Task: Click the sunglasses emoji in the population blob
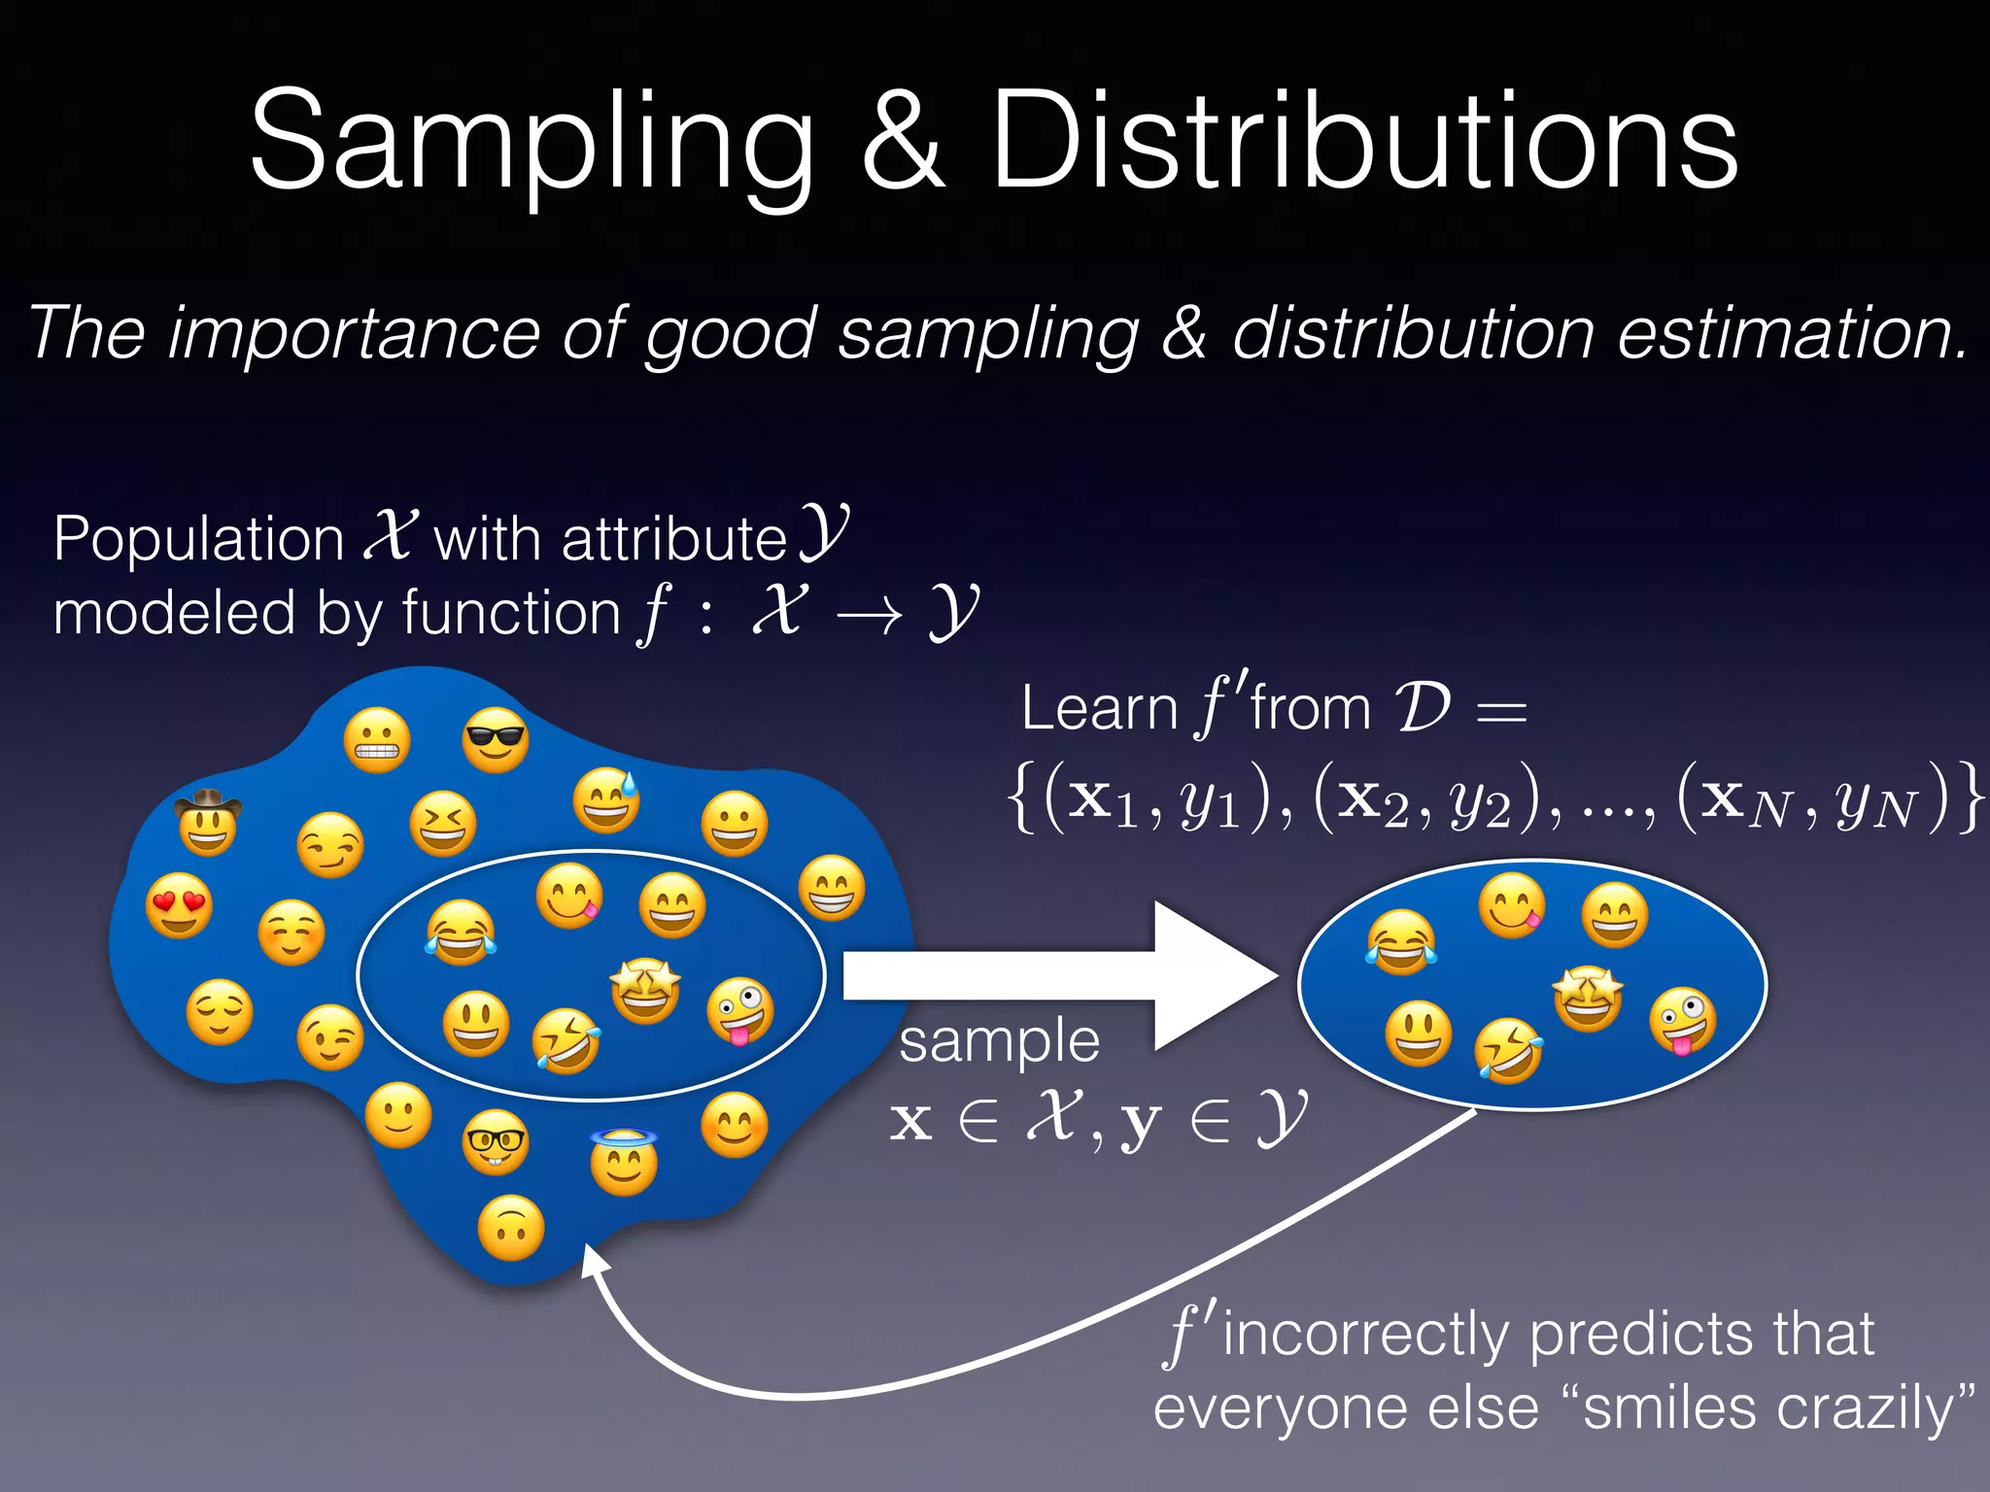(x=496, y=740)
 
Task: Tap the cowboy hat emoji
(x=208, y=823)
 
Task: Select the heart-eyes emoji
(x=179, y=904)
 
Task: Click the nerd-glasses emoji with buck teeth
(x=496, y=1142)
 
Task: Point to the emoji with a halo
(x=624, y=1162)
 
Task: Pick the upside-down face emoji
(x=511, y=1229)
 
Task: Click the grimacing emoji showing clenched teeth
(x=377, y=741)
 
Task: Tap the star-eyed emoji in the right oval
(x=1588, y=998)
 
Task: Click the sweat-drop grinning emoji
(x=606, y=800)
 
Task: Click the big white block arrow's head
(x=1215, y=975)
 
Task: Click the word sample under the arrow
(x=999, y=1041)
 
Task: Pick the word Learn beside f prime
(x=1099, y=708)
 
